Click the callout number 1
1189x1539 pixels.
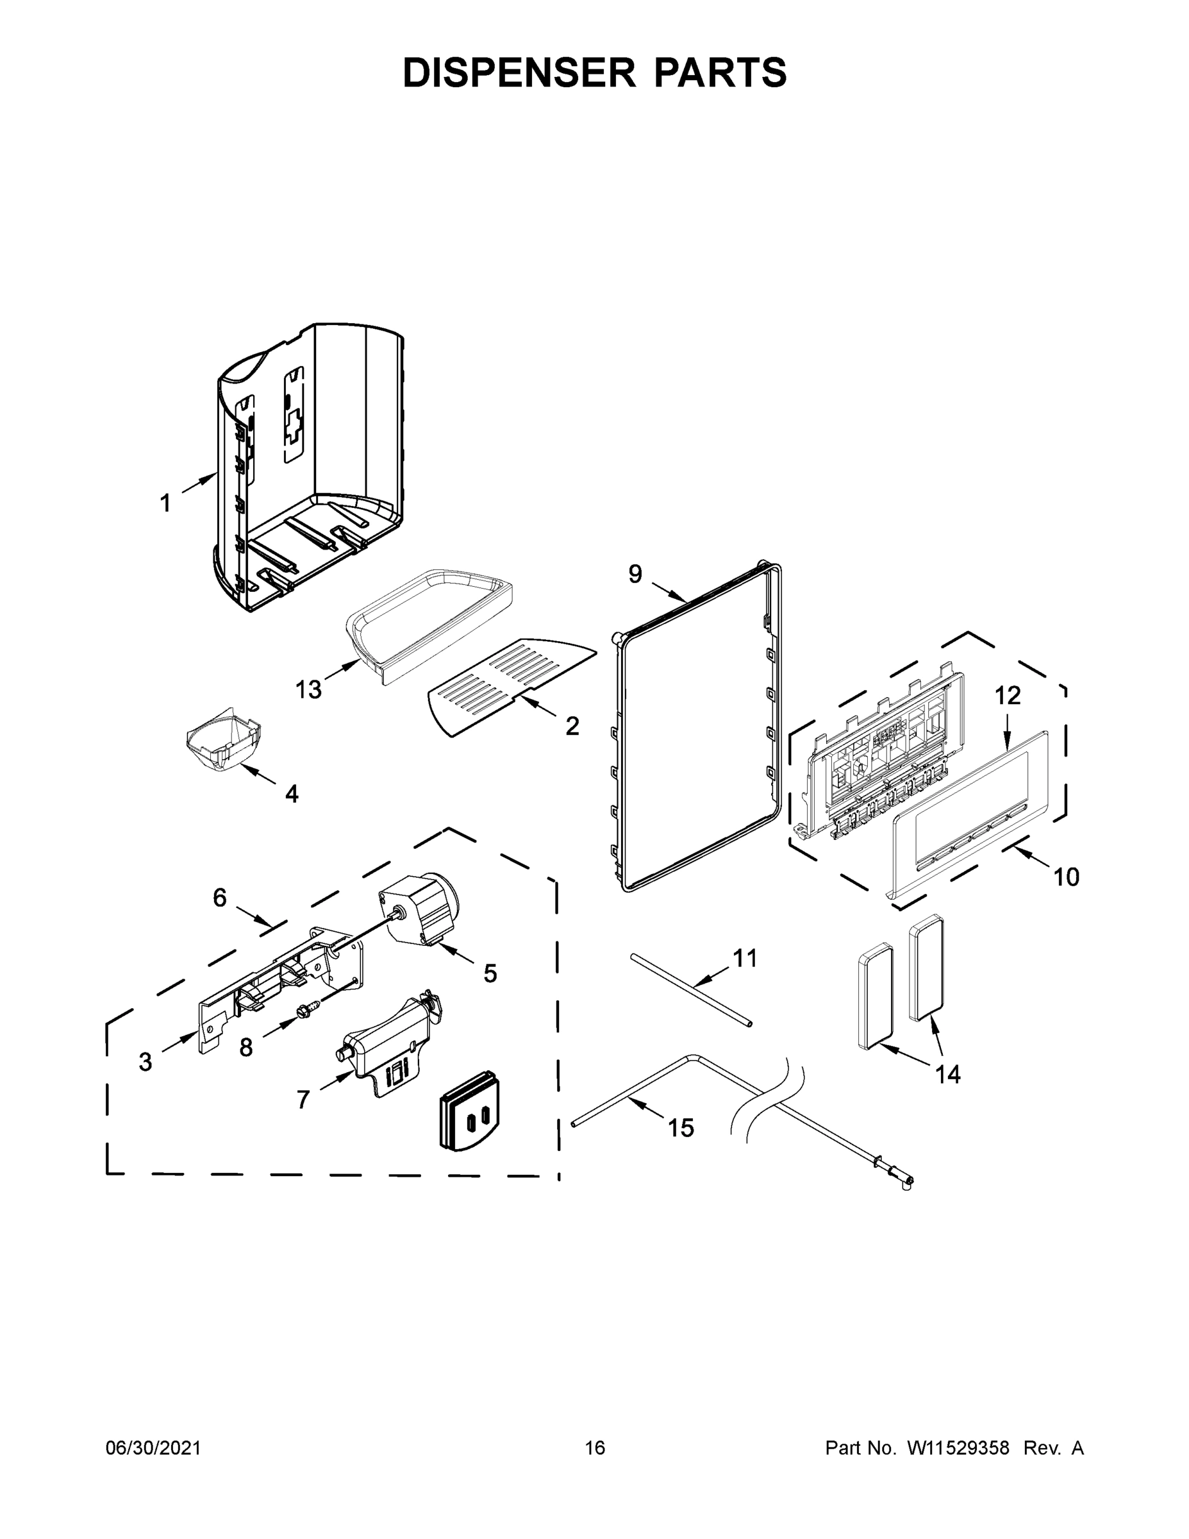click(165, 503)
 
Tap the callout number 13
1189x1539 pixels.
click(308, 689)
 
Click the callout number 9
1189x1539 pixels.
click(635, 575)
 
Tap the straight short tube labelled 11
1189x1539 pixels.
click(693, 989)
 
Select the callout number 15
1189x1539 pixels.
click(681, 1128)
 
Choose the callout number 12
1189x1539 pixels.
click(1007, 696)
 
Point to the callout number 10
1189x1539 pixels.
click(1067, 877)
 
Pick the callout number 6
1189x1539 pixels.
click(220, 898)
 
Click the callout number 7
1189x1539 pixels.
click(303, 1099)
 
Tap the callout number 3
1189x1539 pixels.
click(145, 1061)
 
